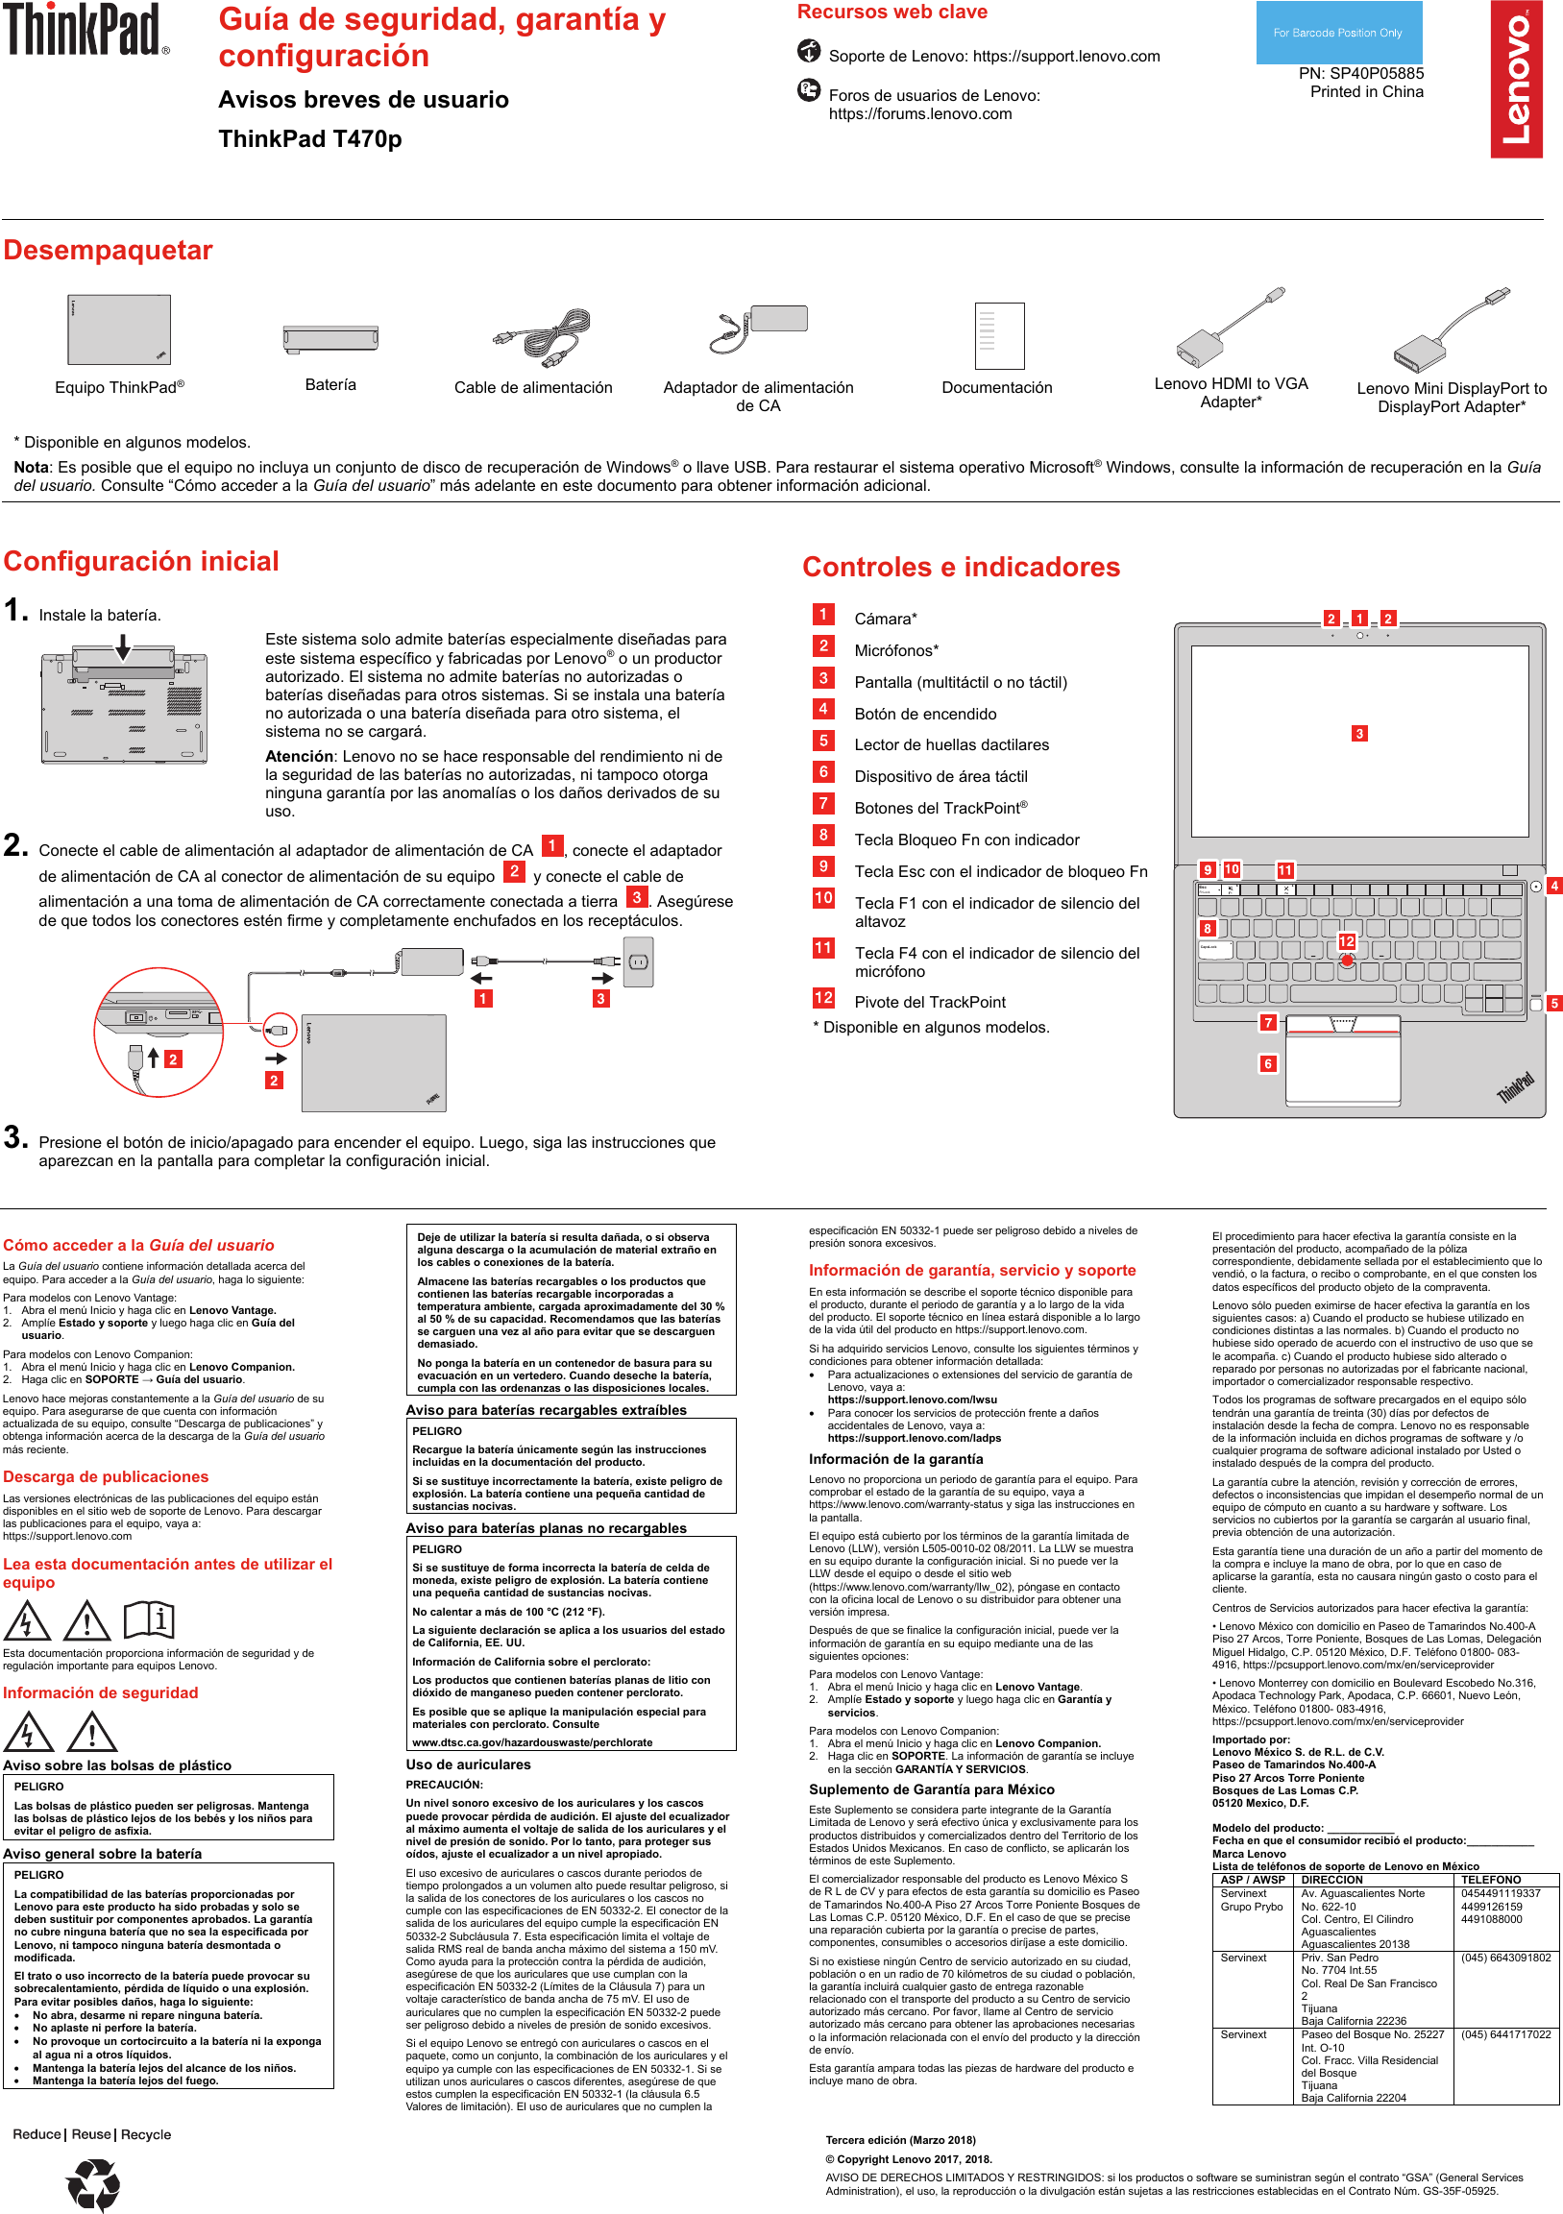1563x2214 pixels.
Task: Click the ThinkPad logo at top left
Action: coord(85,29)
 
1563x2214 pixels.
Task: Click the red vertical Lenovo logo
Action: coord(1516,79)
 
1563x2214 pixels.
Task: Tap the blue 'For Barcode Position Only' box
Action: coord(1337,33)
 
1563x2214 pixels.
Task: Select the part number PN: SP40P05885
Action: coord(1359,73)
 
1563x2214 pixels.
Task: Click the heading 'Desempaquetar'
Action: coord(108,251)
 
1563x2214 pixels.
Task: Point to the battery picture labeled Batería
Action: coord(330,338)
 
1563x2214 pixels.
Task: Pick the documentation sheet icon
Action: coord(998,335)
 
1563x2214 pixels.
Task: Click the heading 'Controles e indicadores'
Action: coord(961,567)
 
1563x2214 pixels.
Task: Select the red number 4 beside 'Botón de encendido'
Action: coord(822,709)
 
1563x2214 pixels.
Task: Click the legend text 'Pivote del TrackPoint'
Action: coord(930,1002)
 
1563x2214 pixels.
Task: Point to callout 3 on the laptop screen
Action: coord(1358,734)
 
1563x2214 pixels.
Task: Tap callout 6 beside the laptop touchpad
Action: coord(1268,1063)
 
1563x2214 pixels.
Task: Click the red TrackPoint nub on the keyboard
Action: coord(1346,961)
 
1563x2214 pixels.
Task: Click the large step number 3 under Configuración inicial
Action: coord(15,1137)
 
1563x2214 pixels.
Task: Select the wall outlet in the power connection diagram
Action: coord(637,962)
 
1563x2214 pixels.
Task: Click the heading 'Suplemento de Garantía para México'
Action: coord(931,1789)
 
